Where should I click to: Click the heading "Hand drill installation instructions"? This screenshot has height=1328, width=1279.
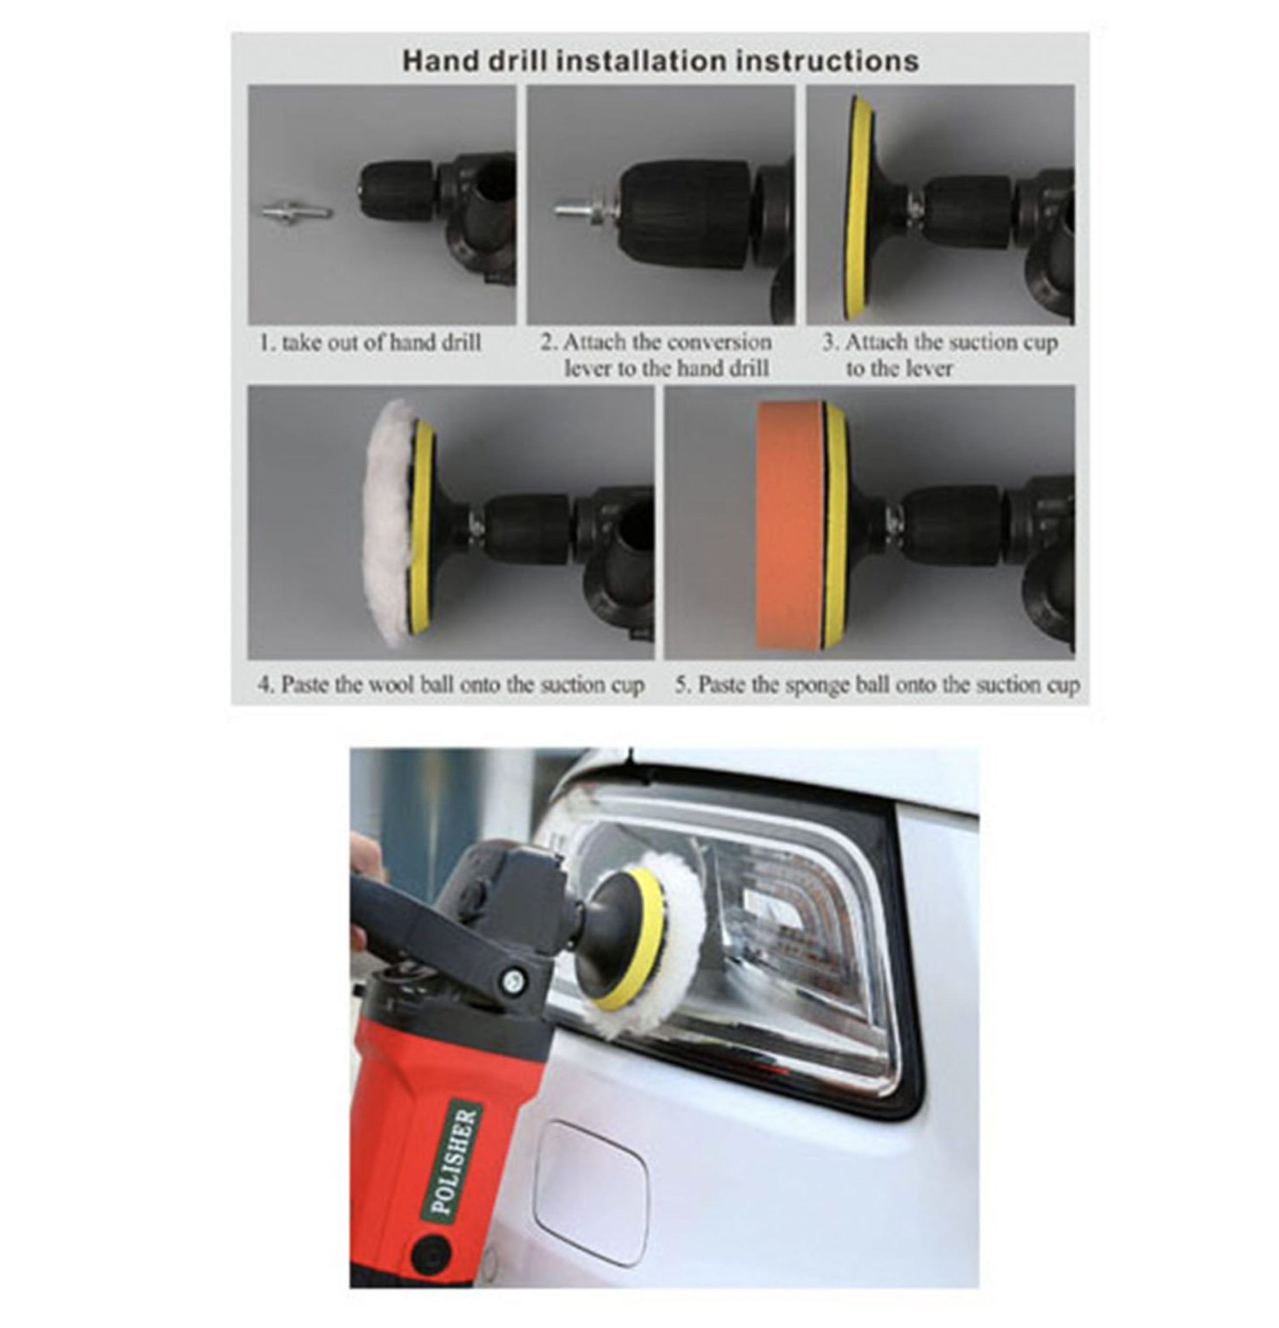point(660,60)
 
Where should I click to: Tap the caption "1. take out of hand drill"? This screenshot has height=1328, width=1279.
point(370,342)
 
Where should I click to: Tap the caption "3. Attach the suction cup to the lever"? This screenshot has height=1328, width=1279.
point(940,355)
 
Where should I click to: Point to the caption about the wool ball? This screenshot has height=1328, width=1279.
point(451,684)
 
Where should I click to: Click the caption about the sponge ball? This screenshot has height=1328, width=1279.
point(877,684)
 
